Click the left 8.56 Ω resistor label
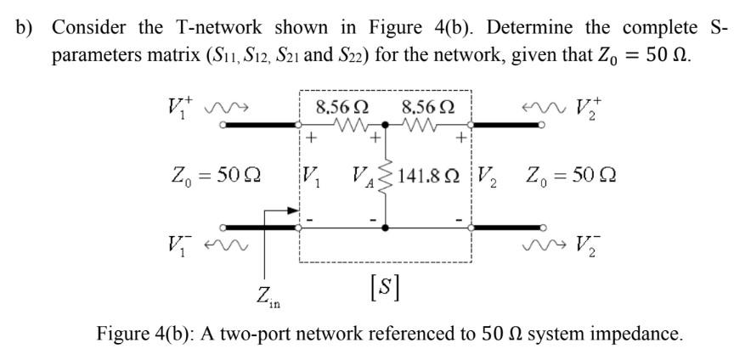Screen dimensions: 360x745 tap(341, 108)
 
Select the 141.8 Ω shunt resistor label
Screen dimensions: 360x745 tap(435, 177)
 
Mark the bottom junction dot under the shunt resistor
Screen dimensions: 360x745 tap(385, 228)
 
